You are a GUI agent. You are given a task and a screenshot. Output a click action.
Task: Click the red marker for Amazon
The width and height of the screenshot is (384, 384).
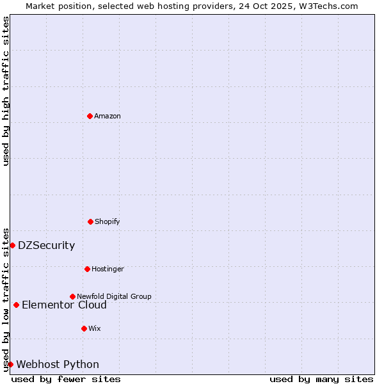[x=90, y=116]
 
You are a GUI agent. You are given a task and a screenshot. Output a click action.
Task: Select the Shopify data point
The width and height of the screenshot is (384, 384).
[x=90, y=221]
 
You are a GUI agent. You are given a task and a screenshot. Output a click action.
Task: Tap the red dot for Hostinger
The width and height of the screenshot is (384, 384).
[x=87, y=269]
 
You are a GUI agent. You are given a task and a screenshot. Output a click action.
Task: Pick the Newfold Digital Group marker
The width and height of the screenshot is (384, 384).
[x=72, y=296]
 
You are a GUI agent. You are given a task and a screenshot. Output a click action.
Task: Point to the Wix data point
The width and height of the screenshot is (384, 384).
[x=84, y=328]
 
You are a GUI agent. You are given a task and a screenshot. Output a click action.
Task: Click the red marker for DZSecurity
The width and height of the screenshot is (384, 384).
[x=12, y=245]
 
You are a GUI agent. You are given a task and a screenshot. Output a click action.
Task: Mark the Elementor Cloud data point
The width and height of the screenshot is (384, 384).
[x=16, y=305]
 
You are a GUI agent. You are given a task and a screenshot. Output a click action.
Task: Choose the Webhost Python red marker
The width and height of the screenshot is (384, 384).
[x=10, y=364]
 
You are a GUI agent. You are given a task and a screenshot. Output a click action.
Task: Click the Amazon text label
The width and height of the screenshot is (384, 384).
[x=108, y=116]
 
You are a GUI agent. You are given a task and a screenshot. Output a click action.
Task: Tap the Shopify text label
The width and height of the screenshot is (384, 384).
[x=108, y=221]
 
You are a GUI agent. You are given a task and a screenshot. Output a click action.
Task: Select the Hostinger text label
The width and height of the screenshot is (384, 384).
[x=108, y=269]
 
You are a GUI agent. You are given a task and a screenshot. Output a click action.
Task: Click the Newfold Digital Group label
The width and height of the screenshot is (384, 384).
[x=114, y=296]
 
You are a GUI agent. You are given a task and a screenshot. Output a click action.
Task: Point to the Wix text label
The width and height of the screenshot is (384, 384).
[x=95, y=328]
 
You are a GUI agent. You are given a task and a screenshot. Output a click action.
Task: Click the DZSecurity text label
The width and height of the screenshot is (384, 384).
[x=46, y=245]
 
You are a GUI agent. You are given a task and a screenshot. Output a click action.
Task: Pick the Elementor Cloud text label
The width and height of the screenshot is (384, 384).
[x=64, y=305]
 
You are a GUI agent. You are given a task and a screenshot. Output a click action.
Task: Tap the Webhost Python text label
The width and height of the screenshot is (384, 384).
[x=58, y=364]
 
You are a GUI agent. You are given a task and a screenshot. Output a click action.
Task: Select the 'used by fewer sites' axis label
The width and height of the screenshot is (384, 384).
[x=66, y=379]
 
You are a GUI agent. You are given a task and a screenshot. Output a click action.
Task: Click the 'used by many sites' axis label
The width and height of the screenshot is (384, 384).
[x=321, y=379]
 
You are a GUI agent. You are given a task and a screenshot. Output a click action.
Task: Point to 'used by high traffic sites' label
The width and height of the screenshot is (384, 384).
[x=6, y=91]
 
